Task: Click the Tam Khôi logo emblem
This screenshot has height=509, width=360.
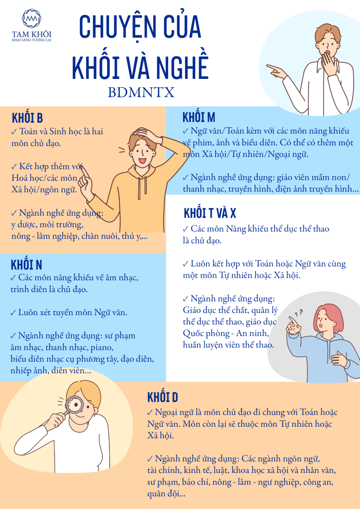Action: (31, 18)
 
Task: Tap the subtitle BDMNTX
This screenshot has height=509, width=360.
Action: (141, 92)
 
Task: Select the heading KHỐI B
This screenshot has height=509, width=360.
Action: (27, 118)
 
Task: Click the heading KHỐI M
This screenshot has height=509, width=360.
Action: (199, 117)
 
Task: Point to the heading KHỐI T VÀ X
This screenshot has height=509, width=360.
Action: (210, 213)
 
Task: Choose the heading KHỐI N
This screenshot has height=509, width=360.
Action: (26, 265)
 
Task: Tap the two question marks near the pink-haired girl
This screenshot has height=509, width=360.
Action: (298, 313)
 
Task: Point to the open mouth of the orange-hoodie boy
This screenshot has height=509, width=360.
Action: (143, 161)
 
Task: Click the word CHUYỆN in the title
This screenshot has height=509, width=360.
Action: (117, 27)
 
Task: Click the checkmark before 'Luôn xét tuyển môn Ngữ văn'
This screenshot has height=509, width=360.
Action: (13, 313)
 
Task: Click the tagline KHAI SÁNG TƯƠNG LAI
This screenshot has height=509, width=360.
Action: (31, 40)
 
